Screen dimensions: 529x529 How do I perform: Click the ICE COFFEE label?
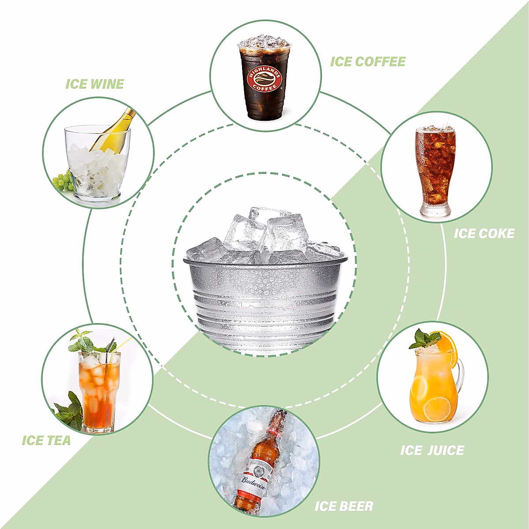click(x=368, y=62)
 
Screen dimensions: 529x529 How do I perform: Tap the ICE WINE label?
click(x=94, y=84)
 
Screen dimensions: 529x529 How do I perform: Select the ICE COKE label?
click(x=484, y=233)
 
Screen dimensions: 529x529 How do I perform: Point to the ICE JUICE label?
click(x=432, y=450)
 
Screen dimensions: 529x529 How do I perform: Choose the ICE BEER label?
click(x=344, y=506)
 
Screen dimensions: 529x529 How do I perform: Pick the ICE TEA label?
click(x=46, y=440)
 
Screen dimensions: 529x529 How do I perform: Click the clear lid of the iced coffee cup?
click(x=264, y=43)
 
